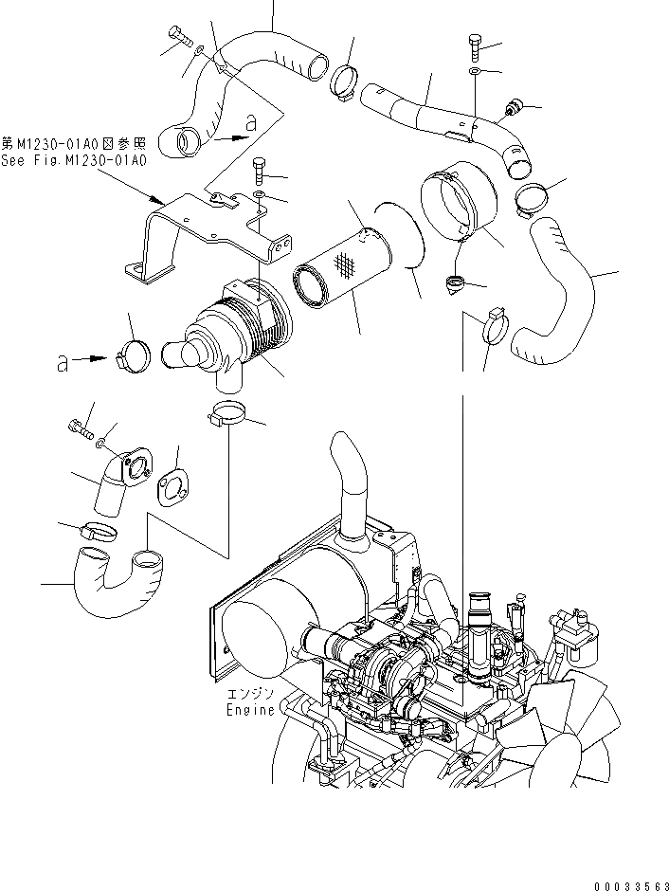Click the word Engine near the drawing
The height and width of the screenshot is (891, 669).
point(250,709)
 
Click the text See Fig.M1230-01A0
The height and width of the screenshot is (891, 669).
point(74,160)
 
